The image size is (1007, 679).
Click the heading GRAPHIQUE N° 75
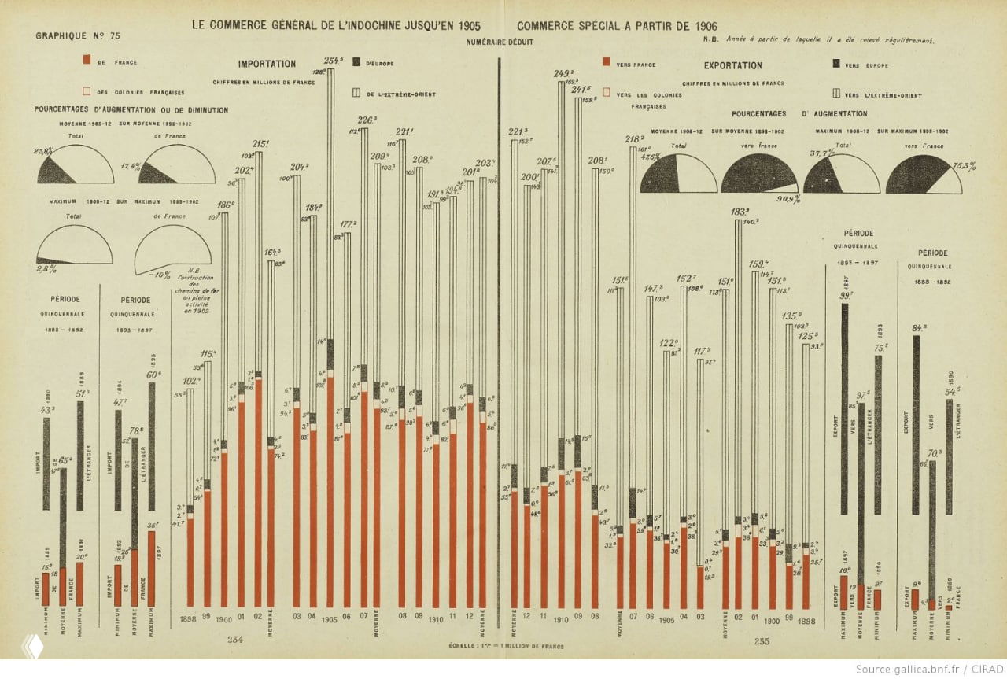click(78, 36)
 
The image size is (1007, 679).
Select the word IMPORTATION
click(267, 65)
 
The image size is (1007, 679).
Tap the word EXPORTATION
click(732, 66)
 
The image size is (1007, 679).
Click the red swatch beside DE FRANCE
click(87, 60)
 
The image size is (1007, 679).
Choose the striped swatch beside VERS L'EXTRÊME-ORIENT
click(835, 94)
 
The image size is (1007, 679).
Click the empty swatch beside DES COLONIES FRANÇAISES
click(87, 91)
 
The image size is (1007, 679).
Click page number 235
click(762, 641)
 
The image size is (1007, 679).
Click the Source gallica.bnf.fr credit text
click(928, 669)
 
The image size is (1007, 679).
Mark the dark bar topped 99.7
click(844, 409)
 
